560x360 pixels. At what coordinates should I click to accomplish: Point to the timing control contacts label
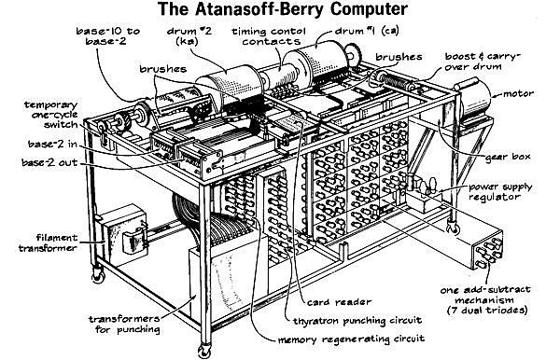(x=264, y=35)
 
